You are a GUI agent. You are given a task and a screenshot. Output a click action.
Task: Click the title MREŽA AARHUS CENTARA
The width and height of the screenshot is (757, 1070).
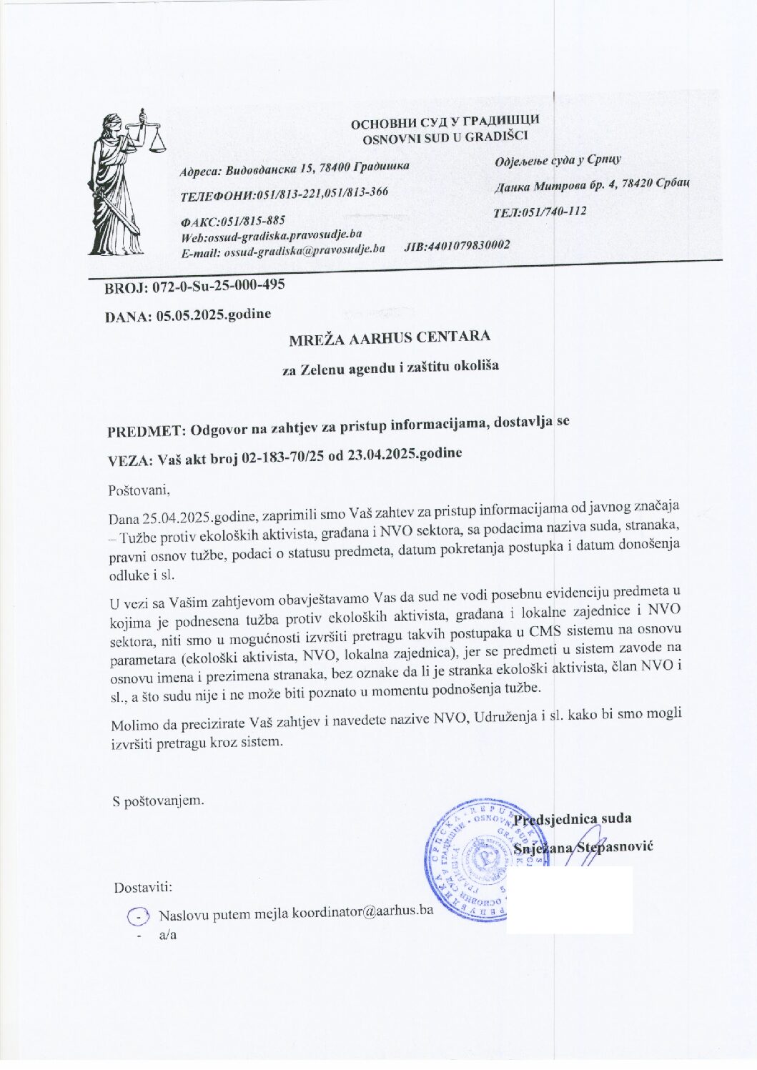[x=390, y=338]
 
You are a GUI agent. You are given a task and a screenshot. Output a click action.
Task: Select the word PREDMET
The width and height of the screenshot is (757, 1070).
[x=146, y=432]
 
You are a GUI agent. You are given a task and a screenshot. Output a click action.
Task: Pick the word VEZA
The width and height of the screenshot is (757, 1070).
[x=129, y=460]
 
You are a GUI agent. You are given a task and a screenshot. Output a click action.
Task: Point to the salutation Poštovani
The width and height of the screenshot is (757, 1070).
[x=139, y=491]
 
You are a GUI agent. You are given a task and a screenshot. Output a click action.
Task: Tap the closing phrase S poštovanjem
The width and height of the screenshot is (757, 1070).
[x=158, y=801]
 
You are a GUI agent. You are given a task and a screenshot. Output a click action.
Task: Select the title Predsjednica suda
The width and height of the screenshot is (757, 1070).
[x=573, y=819]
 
